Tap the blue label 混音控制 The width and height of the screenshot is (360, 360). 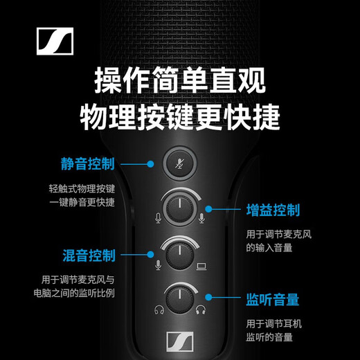pos(87,254)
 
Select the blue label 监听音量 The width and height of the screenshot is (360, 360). pos(273,300)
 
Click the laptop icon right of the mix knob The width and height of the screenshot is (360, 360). pos(203,264)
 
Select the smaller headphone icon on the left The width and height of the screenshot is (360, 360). pos(159,311)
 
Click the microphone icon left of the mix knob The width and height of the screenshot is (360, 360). pos(159,264)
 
